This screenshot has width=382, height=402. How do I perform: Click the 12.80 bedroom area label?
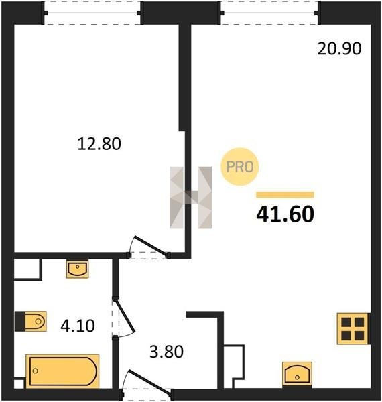click(99, 144)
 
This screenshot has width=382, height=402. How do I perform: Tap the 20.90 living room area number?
click(339, 48)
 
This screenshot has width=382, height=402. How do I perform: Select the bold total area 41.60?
click(285, 214)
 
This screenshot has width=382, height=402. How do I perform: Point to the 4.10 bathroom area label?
click(78, 326)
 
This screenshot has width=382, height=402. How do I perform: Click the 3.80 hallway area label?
click(166, 352)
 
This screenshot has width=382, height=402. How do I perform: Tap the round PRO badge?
click(240, 167)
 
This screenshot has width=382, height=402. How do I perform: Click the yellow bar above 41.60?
click(285, 194)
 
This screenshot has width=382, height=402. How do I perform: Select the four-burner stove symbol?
click(353, 329)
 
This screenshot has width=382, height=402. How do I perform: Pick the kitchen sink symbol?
click(297, 374)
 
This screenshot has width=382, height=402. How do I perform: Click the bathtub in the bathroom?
click(62, 371)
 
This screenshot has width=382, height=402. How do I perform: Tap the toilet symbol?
click(31, 321)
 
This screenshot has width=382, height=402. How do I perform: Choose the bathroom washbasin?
click(78, 269)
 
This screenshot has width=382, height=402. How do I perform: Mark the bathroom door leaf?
click(125, 315)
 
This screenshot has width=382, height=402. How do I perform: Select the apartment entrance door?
click(149, 380)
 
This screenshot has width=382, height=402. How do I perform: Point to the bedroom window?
click(92, 13)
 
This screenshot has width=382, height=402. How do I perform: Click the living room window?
click(271, 13)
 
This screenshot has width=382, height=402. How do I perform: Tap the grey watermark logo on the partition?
click(191, 198)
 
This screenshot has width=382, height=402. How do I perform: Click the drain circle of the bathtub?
click(36, 371)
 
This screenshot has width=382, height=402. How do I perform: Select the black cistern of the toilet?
click(20, 321)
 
